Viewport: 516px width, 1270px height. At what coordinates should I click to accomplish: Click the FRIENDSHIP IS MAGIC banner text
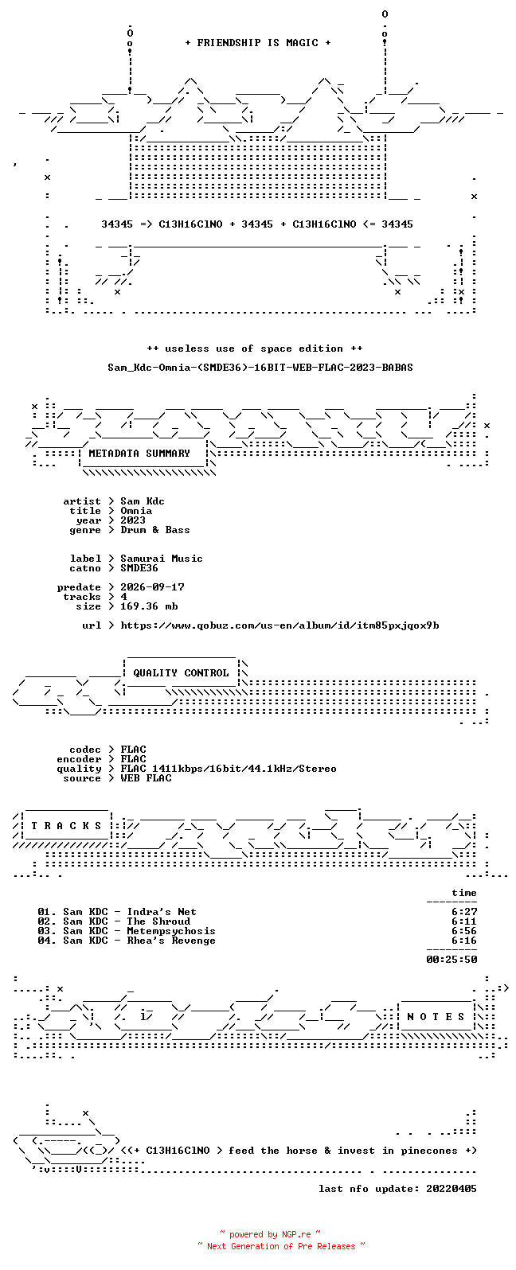click(257, 42)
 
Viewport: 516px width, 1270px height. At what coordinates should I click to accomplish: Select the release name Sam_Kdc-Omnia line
click(260, 368)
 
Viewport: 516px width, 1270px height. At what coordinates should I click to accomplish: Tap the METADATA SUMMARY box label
click(139, 454)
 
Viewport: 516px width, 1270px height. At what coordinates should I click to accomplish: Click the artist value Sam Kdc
click(142, 501)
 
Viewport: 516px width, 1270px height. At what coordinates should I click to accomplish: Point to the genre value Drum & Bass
click(155, 530)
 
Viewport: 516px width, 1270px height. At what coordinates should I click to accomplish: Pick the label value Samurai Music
click(161, 559)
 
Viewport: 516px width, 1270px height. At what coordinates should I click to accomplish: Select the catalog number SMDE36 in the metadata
click(139, 568)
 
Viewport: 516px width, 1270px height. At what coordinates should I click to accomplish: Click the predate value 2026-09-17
click(152, 587)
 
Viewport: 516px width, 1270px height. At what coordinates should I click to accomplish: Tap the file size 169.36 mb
click(149, 606)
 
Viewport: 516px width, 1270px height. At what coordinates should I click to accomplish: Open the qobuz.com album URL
click(279, 626)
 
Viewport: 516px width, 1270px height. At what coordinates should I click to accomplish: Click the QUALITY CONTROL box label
click(181, 673)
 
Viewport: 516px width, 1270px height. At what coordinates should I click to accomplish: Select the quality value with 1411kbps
click(229, 769)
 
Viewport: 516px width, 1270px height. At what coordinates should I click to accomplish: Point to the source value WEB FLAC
click(145, 778)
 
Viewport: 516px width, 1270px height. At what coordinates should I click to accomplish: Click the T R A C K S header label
click(66, 826)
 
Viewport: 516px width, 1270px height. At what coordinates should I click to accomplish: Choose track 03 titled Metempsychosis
click(127, 931)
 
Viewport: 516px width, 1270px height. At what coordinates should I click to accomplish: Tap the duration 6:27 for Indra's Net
click(463, 912)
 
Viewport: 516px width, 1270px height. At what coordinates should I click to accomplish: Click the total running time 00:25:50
click(451, 960)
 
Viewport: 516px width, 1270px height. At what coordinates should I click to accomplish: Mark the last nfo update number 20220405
click(451, 1188)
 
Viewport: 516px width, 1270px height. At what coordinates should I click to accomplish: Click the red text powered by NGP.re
click(270, 1234)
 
